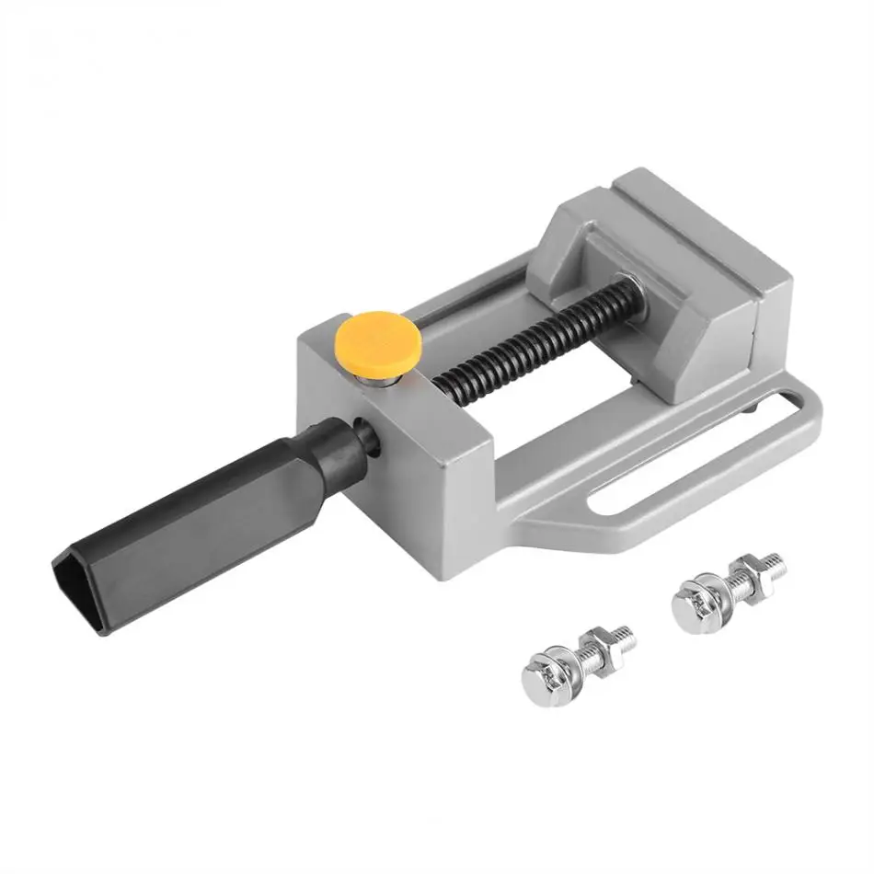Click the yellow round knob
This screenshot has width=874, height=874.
coord(378,339)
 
